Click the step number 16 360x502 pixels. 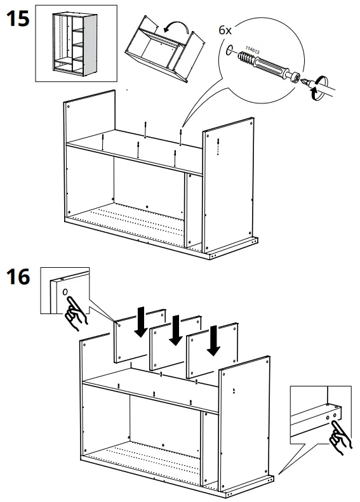pyautogui.click(x=18, y=279)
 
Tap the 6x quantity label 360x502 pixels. pyautogui.click(x=225, y=30)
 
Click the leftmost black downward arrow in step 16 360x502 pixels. pyautogui.click(x=141, y=322)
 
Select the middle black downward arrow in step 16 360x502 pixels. pyautogui.click(x=175, y=330)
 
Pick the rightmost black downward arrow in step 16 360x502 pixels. pyautogui.click(x=214, y=341)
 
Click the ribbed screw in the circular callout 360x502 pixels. pyautogui.click(x=250, y=60)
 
